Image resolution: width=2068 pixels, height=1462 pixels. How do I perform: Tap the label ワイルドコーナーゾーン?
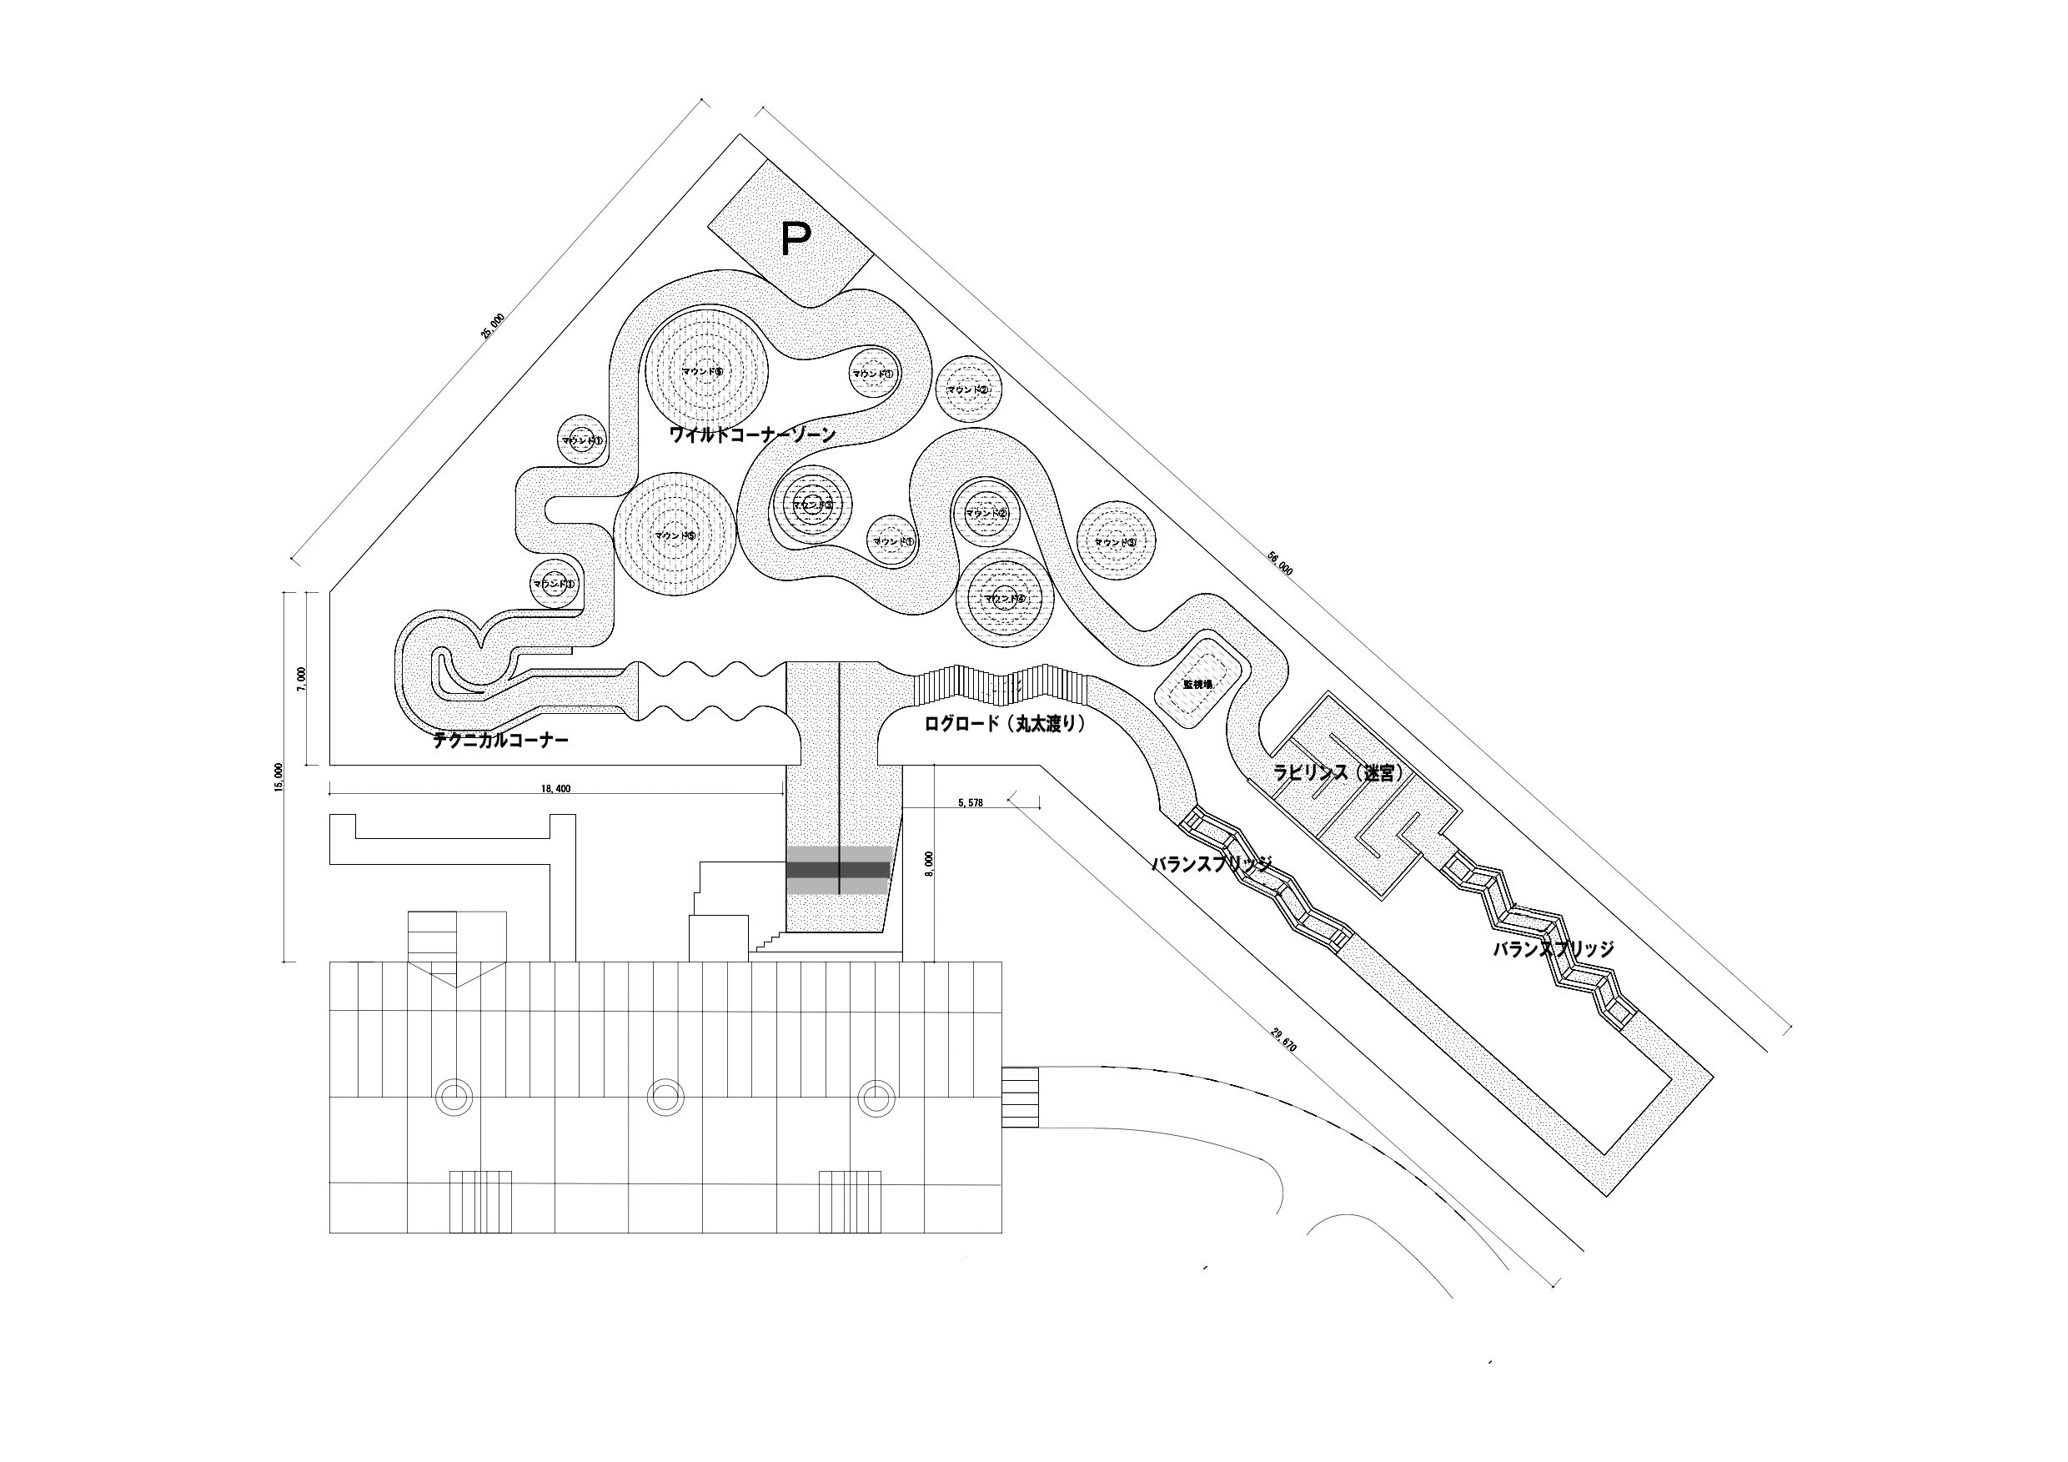tap(752, 435)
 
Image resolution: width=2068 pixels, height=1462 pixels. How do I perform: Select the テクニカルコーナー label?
tap(501, 741)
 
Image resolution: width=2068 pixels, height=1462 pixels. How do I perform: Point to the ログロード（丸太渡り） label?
tap(1004, 723)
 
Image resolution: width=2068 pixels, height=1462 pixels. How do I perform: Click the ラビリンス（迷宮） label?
tap(1338, 772)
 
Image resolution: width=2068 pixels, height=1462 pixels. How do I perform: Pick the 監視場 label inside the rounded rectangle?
tap(1197, 685)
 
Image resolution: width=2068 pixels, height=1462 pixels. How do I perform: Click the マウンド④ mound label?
tap(1004, 598)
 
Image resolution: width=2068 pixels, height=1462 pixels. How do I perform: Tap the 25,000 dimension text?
tap(493, 326)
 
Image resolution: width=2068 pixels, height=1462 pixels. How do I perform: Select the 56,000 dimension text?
tap(1280, 564)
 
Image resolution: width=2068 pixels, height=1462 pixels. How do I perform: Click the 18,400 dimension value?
tap(555, 789)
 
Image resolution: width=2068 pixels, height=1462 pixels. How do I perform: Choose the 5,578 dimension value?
tap(971, 802)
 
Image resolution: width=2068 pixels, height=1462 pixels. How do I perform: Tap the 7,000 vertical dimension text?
tap(302, 677)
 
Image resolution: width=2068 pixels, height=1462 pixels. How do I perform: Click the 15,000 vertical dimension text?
tap(279, 776)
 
